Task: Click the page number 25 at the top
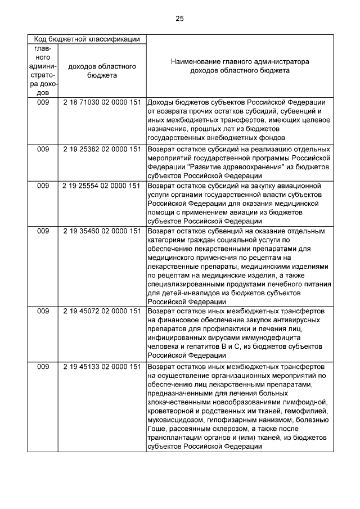click(x=179, y=19)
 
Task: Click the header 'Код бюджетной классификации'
click(x=87, y=39)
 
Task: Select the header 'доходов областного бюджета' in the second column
click(x=102, y=70)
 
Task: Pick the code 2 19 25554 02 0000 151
click(x=102, y=185)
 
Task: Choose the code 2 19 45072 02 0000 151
click(x=102, y=311)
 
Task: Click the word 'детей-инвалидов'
click(x=174, y=293)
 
